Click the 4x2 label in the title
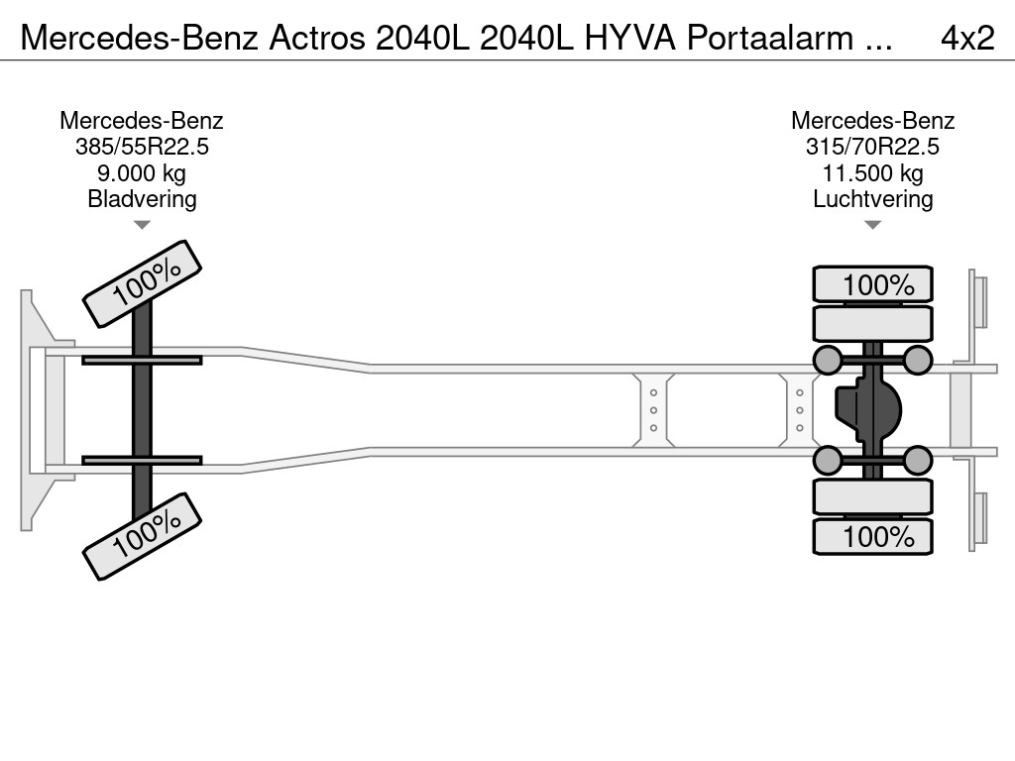pyautogui.click(x=967, y=38)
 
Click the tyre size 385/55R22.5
pyautogui.click(x=142, y=147)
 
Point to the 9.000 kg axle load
pyautogui.click(x=142, y=173)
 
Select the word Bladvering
pyautogui.click(x=142, y=199)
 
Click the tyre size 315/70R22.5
pyautogui.click(x=872, y=147)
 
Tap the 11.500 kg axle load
pyautogui.click(x=872, y=173)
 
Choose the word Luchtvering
pyautogui.click(x=872, y=199)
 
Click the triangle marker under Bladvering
pyautogui.click(x=142, y=225)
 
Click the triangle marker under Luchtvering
pyautogui.click(x=872, y=225)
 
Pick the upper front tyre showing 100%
pyautogui.click(x=142, y=283)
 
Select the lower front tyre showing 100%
pyautogui.click(x=142, y=535)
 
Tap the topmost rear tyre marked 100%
pyautogui.click(x=872, y=285)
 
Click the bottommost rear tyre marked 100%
pyautogui.click(x=872, y=536)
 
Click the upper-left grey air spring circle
pyautogui.click(x=827, y=360)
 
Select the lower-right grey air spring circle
pyautogui.click(x=918, y=460)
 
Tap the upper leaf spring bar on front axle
pyautogui.click(x=142, y=360)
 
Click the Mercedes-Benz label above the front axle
pyautogui.click(x=142, y=121)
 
